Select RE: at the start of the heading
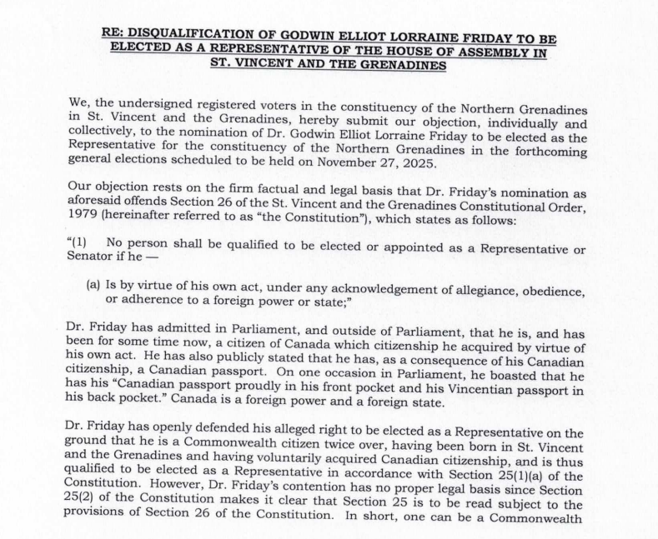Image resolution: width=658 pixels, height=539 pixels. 114,37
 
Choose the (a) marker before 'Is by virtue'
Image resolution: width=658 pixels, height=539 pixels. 93,285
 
